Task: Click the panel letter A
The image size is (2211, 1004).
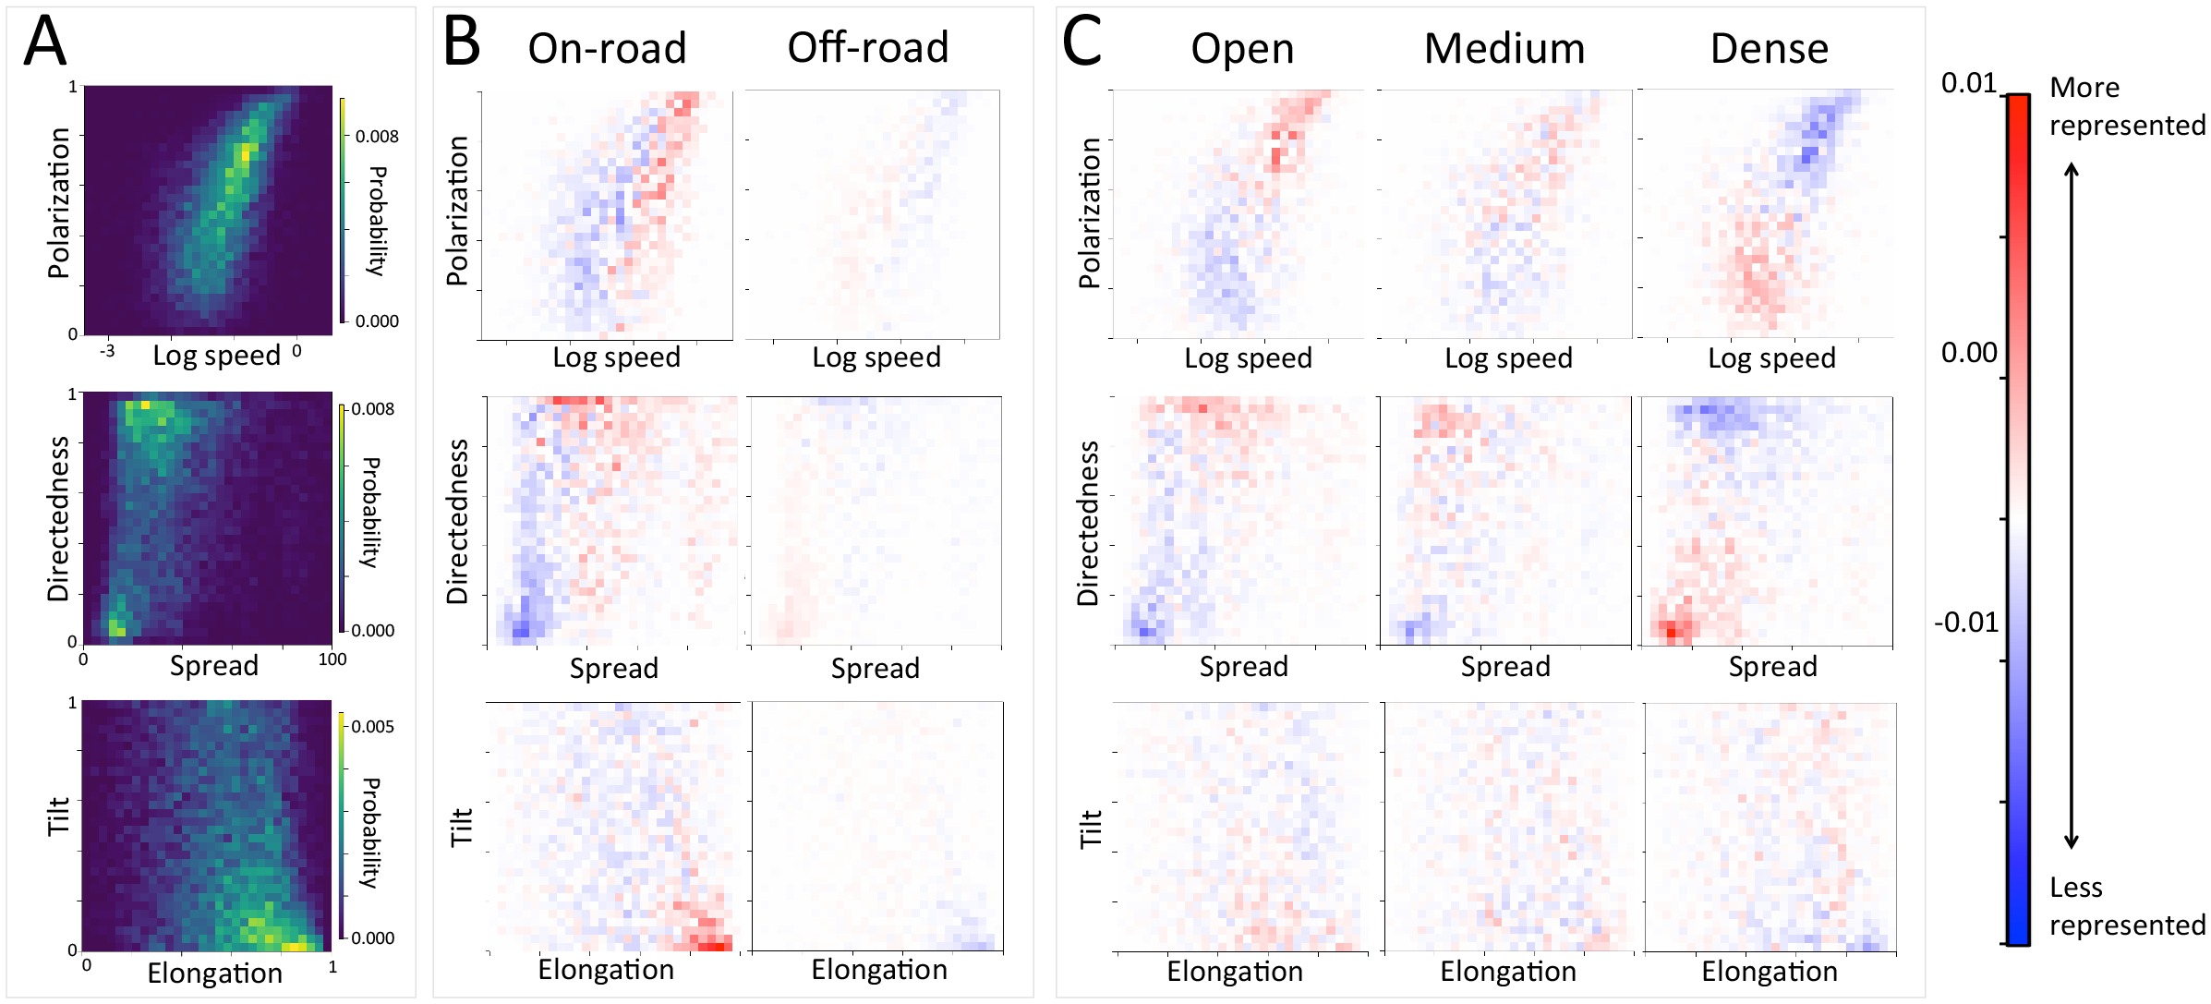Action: click(x=45, y=42)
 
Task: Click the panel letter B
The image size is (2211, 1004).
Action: click(x=462, y=42)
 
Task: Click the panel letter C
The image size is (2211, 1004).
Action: click(x=1081, y=42)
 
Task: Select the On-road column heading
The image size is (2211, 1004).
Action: click(x=607, y=48)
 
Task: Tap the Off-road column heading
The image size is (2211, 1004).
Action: click(x=867, y=48)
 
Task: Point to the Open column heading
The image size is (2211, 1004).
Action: click(x=1242, y=49)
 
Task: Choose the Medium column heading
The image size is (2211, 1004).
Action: click(x=1504, y=49)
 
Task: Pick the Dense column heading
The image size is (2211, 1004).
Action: click(x=1769, y=49)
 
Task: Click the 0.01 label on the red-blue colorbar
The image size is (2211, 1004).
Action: click(x=1968, y=84)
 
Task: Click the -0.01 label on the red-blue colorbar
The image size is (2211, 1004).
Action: click(x=1966, y=623)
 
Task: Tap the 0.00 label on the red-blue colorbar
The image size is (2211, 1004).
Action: click(x=1969, y=353)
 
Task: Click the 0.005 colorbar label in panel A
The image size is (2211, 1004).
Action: click(x=372, y=727)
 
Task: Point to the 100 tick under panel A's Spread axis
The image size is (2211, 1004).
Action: click(x=332, y=659)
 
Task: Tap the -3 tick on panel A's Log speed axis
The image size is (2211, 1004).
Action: click(x=107, y=351)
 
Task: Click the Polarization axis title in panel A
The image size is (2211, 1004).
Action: click(x=59, y=203)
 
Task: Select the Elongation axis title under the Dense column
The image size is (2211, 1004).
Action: click(x=1769, y=972)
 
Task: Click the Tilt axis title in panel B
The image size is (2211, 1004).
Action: click(x=461, y=827)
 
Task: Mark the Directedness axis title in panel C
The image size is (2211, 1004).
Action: click(x=1089, y=523)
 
